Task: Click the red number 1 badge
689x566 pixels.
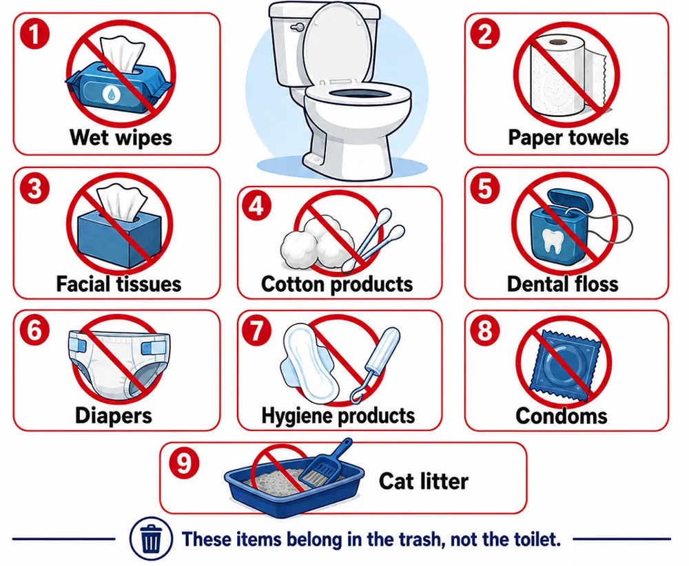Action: pyautogui.click(x=34, y=34)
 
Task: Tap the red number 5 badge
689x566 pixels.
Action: pyautogui.click(x=485, y=189)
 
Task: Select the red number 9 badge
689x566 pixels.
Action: pyautogui.click(x=184, y=463)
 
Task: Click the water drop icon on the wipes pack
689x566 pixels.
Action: pyautogui.click(x=110, y=94)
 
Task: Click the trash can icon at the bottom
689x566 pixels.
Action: pyautogui.click(x=151, y=538)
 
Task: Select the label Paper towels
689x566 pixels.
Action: pyautogui.click(x=568, y=138)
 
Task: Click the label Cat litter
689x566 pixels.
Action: pyautogui.click(x=424, y=481)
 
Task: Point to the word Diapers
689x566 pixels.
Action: pyautogui.click(x=114, y=415)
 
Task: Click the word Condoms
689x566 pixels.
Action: pyautogui.click(x=562, y=416)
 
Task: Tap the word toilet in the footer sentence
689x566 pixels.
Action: pyautogui.click(x=537, y=538)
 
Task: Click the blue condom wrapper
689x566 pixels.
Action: pyautogui.click(x=565, y=365)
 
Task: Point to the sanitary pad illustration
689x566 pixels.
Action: pyautogui.click(x=306, y=363)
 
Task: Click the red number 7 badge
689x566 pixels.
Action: pyautogui.click(x=256, y=331)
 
